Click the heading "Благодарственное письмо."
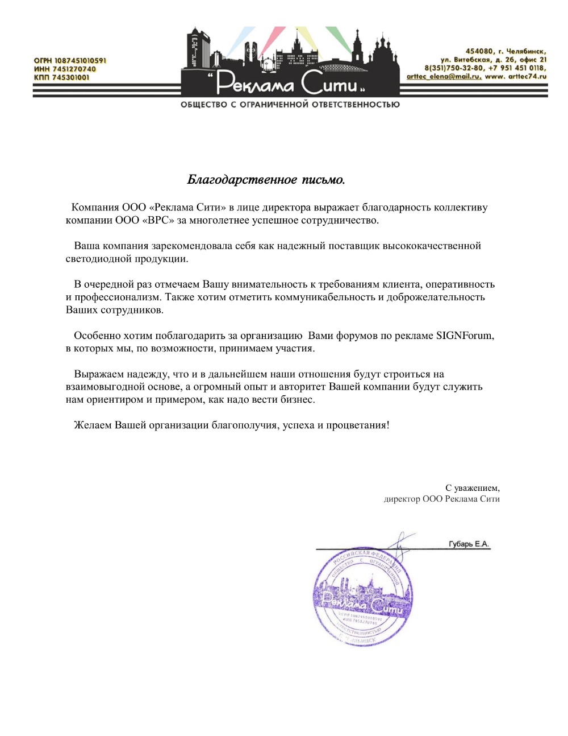pyautogui.click(x=266, y=180)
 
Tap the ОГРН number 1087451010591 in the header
pyautogui.click(x=80, y=60)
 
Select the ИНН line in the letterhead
pyautogui.click(x=65, y=69)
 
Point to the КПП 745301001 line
pyautogui.click(x=61, y=77)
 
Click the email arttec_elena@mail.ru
pyautogui.click(x=444, y=76)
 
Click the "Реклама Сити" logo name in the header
pyautogui.click(x=289, y=83)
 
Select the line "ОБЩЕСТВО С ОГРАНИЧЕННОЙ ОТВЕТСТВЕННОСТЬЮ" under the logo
pyautogui.click(x=290, y=105)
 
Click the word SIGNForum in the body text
pyautogui.click(x=464, y=336)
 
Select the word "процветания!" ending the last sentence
pyautogui.click(x=358, y=425)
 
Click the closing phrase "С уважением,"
pyautogui.click(x=472, y=488)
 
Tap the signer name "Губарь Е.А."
pyautogui.click(x=469, y=544)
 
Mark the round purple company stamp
pyautogui.click(x=362, y=597)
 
